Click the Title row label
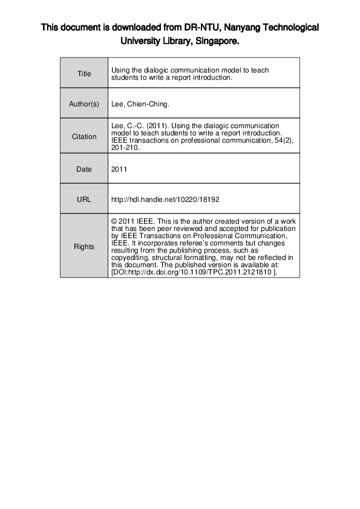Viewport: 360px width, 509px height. click(84, 74)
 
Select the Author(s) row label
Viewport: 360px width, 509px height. click(84, 104)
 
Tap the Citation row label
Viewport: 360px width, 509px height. click(84, 137)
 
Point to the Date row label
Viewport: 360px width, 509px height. click(84, 169)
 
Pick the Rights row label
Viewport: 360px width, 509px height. click(84, 247)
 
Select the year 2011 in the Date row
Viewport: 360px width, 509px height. click(119, 169)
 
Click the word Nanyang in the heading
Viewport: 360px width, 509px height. click(227, 28)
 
